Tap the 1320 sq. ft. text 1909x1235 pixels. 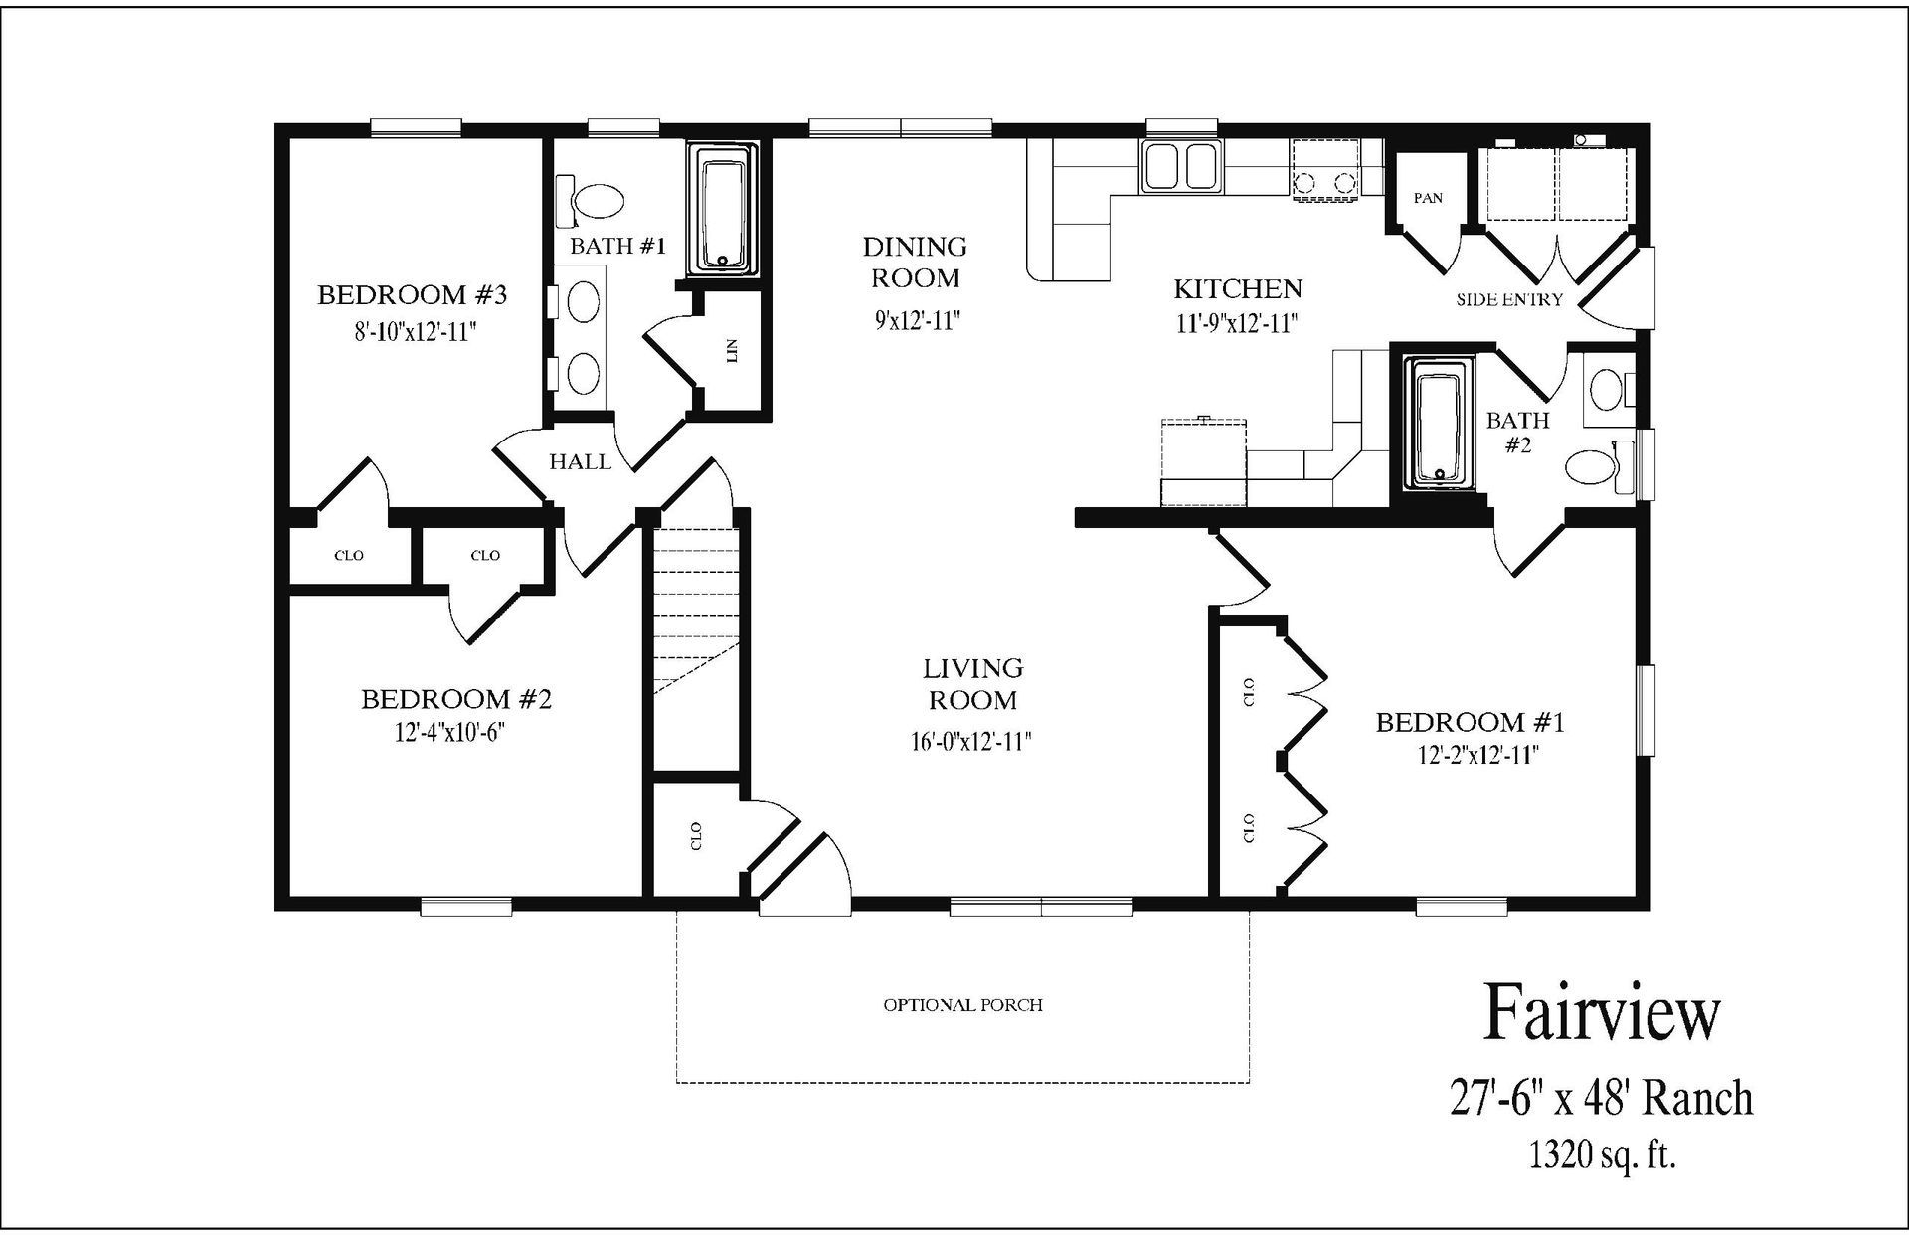1602,1155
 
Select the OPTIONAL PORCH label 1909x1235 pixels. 962,1005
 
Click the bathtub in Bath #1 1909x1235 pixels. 722,209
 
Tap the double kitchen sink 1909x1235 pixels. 1181,166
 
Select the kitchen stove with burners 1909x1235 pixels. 1324,169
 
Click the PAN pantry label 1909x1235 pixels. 1428,198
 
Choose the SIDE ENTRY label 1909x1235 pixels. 1509,299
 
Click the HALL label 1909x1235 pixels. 580,461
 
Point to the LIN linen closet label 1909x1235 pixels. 732,350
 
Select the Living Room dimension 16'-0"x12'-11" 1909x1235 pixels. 971,741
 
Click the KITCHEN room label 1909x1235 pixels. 1238,289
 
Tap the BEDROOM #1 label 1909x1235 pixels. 1470,722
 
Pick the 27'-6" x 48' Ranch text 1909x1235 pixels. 1601,1099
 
